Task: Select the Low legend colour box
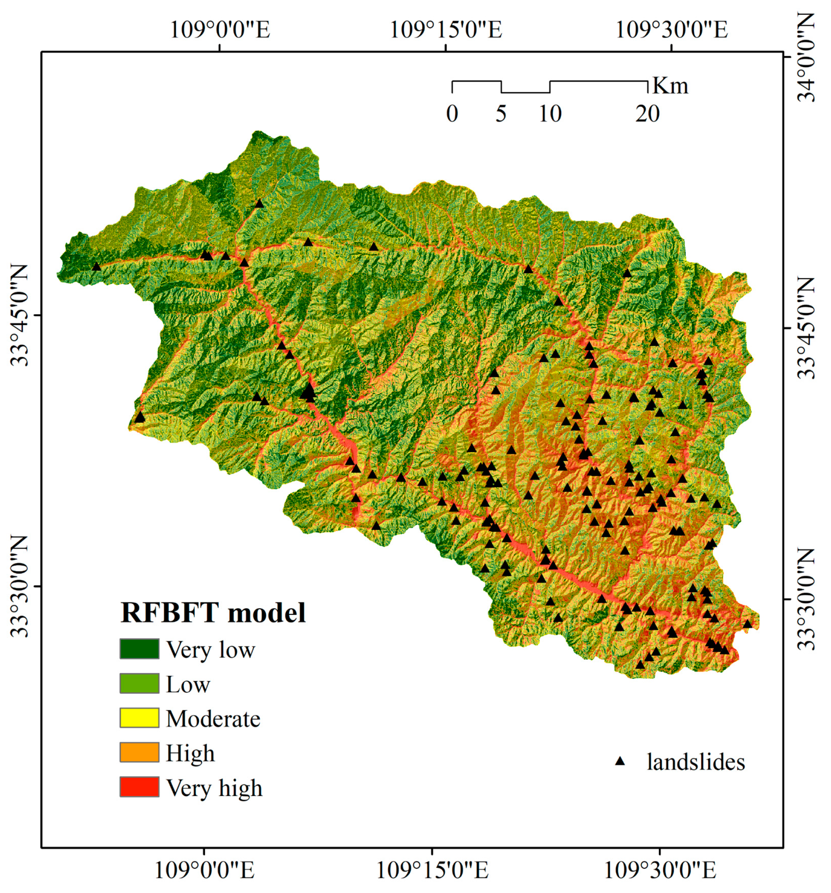(139, 683)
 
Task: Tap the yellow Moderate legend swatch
(139, 718)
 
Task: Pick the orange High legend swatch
(139, 752)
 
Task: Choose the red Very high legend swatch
(139, 787)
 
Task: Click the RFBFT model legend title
(213, 612)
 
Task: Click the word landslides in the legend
(695, 762)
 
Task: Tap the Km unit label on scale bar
(670, 85)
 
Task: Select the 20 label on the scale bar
(647, 114)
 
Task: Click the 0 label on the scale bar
(452, 114)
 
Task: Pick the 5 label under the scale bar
(501, 114)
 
